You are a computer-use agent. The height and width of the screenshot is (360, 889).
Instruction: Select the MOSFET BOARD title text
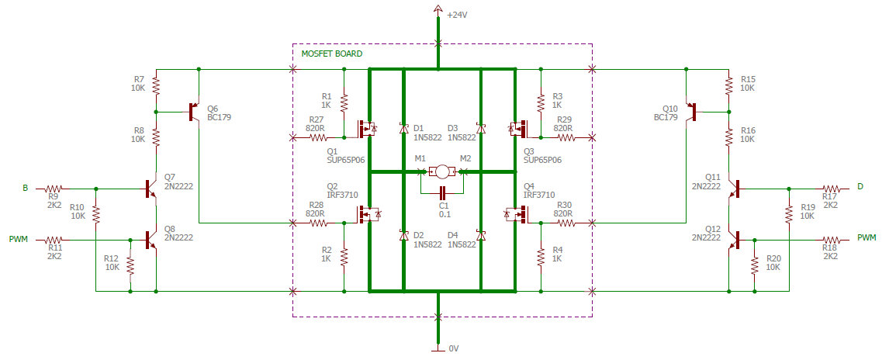click(331, 54)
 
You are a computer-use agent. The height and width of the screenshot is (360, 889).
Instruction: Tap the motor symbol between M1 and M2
click(441, 171)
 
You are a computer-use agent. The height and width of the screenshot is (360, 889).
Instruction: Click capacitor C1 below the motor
click(442, 192)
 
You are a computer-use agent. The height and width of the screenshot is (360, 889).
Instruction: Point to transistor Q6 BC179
click(193, 112)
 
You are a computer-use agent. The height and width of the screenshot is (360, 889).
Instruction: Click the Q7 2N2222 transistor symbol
click(152, 188)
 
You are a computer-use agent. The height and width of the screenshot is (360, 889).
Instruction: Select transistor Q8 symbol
click(152, 240)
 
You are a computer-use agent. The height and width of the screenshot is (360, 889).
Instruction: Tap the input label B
click(25, 188)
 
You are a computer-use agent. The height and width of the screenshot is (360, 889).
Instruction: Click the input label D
click(860, 187)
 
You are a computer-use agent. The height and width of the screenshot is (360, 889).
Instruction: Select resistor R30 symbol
click(566, 223)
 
